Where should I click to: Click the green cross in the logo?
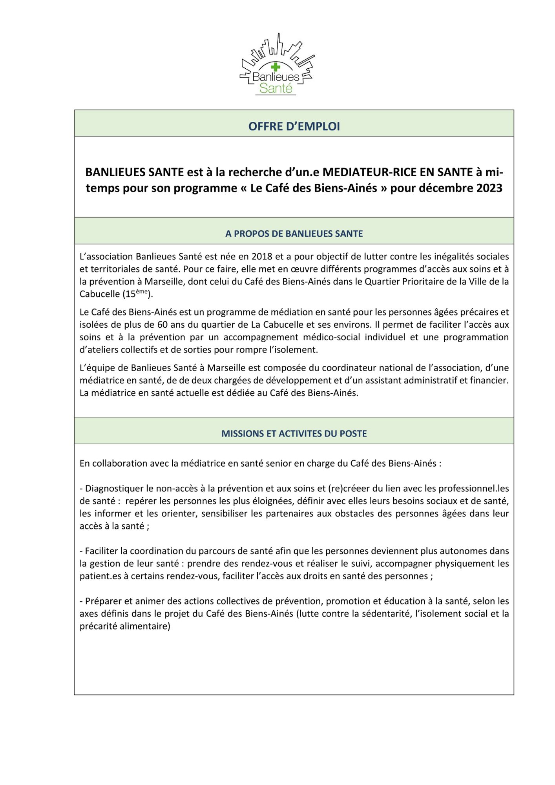click(276, 67)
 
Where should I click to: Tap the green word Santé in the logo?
click(276, 88)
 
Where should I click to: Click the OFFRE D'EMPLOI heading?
click(294, 126)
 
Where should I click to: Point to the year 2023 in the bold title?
click(489, 188)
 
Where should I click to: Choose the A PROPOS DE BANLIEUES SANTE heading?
click(294, 234)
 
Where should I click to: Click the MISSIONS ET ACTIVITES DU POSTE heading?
click(294, 434)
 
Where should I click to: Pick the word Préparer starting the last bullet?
click(102, 601)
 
